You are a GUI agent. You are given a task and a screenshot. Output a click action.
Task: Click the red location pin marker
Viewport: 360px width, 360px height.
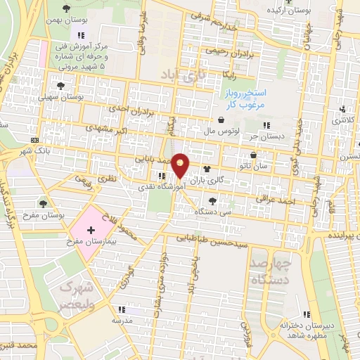coord(181,165)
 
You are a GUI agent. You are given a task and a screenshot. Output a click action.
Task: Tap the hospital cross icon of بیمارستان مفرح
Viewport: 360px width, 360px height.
coord(91,230)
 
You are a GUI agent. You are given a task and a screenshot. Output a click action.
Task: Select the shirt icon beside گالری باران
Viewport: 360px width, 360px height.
coord(207,169)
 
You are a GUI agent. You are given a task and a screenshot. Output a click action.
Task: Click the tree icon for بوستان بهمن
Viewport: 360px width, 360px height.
coord(66,9)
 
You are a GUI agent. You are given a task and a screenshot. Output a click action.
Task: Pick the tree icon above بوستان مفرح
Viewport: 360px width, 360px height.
coord(43,202)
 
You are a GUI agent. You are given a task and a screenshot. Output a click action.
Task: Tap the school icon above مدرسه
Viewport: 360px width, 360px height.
coord(121,309)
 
